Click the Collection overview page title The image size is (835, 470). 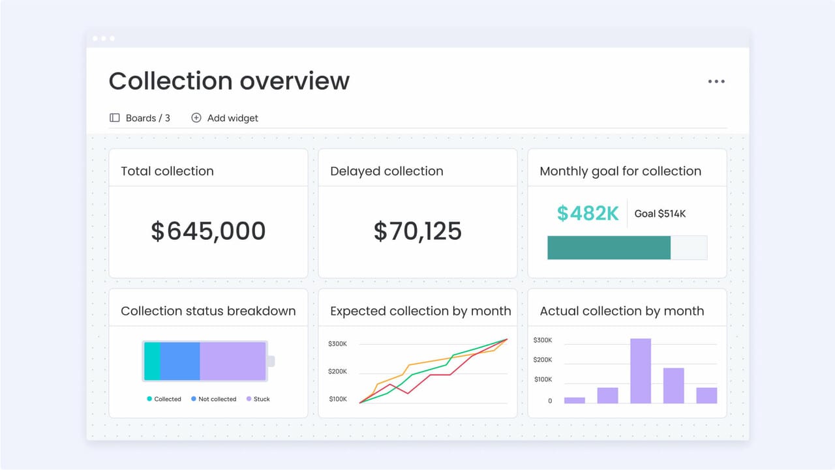[229, 81]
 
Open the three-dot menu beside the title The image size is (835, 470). [716, 81]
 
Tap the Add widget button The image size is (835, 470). [224, 118]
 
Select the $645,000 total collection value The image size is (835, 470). [208, 231]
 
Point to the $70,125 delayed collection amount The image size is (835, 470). [417, 231]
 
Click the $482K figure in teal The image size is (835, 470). [587, 213]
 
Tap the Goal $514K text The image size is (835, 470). [660, 214]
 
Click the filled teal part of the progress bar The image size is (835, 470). [608, 248]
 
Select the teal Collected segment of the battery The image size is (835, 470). [152, 360]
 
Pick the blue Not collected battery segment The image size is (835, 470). [180, 360]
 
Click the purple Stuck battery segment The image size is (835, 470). [232, 360]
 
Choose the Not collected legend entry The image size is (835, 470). [213, 399]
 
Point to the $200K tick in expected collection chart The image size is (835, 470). [337, 372]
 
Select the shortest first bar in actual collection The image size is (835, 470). [574, 400]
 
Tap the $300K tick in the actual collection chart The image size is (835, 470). [543, 340]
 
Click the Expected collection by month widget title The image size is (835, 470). [420, 311]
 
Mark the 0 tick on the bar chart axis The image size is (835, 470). [550, 401]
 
